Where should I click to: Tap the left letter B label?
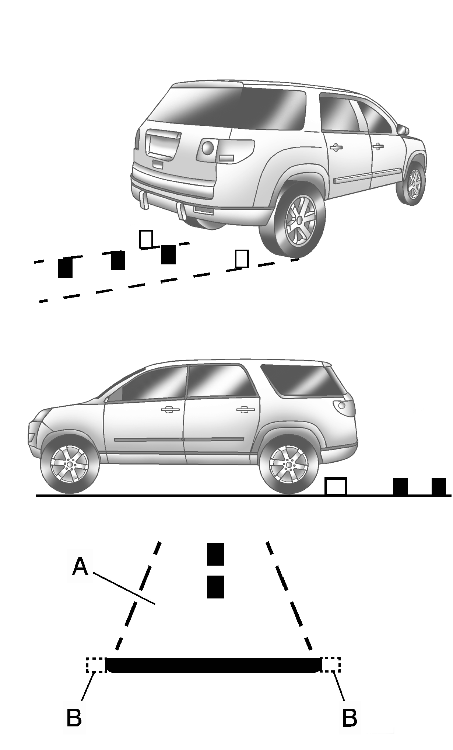pos(74,717)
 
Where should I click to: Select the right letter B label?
pos(350,717)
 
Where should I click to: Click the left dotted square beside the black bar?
pos(96,664)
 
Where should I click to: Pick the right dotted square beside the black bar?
pos(331,664)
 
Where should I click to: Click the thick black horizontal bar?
pos(213,665)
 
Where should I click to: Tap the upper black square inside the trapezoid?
pos(215,554)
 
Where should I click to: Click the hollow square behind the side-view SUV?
pos(336,486)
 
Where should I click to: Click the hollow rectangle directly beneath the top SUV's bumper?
pos(146,239)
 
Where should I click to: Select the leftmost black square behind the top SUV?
pos(65,267)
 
